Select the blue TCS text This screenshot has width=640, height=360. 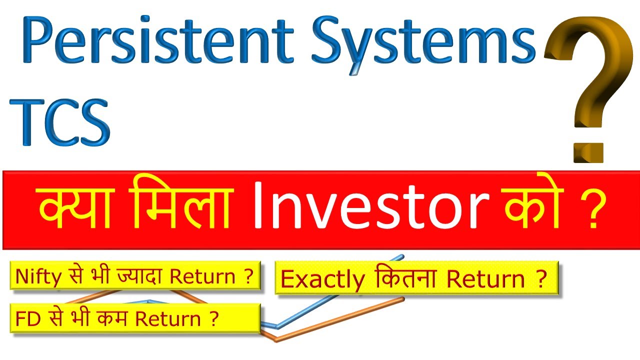point(60,121)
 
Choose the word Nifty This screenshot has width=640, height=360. point(35,276)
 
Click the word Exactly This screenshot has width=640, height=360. point(322,279)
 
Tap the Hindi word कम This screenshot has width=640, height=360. point(110,318)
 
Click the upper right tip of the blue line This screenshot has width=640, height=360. point(402,256)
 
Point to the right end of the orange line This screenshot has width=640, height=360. point(402,299)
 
